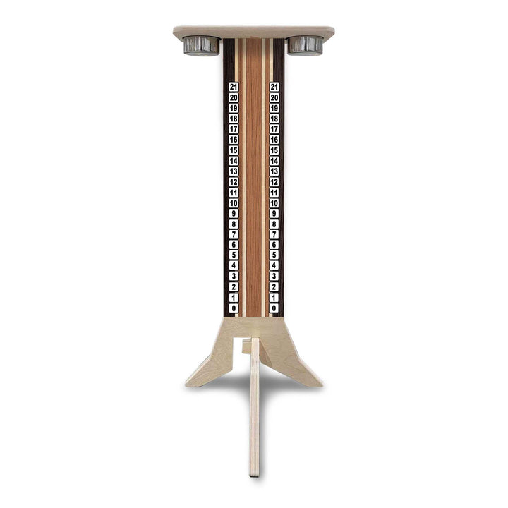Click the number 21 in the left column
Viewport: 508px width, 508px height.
pyautogui.click(x=234, y=87)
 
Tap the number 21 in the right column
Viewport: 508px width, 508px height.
pyautogui.click(x=274, y=87)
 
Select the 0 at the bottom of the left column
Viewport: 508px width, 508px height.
pyautogui.click(x=234, y=308)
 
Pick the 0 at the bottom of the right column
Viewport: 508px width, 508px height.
pyautogui.click(x=274, y=308)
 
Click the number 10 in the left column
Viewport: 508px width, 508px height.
pyautogui.click(x=234, y=202)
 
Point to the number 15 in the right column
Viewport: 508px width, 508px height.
pyautogui.click(x=274, y=150)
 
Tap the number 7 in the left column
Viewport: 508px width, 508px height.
pyautogui.click(x=234, y=234)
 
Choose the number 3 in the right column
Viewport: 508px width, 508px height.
pyautogui.click(x=274, y=276)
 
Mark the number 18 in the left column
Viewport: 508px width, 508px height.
pyautogui.click(x=234, y=119)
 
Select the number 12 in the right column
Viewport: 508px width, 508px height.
pyautogui.click(x=274, y=181)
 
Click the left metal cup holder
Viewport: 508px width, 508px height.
pyautogui.click(x=201, y=45)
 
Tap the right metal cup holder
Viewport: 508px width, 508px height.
pyautogui.click(x=305, y=45)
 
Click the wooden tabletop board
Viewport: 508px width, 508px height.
pyautogui.click(x=254, y=32)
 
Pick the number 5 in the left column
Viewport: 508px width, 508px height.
pyautogui.click(x=234, y=255)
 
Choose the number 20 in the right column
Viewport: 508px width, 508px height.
pyautogui.click(x=274, y=97)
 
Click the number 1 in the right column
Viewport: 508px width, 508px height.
pyautogui.click(x=274, y=297)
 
